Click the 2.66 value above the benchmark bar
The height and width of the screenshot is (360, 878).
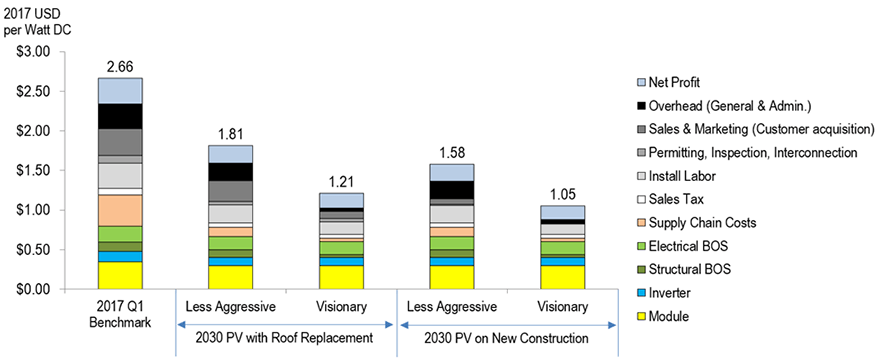[x=120, y=66]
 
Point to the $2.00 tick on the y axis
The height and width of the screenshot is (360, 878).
[x=35, y=131]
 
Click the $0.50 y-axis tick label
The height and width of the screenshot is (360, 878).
[x=35, y=250]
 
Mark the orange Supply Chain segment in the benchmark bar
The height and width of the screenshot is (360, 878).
[x=120, y=210]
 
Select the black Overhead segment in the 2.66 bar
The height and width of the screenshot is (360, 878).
[x=120, y=116]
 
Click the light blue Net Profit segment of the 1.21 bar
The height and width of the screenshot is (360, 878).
[x=340, y=200]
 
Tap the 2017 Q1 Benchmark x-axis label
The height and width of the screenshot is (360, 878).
[x=120, y=314]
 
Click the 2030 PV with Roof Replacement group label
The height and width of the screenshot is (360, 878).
[x=286, y=339]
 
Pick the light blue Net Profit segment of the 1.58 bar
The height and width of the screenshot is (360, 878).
[x=452, y=172]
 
